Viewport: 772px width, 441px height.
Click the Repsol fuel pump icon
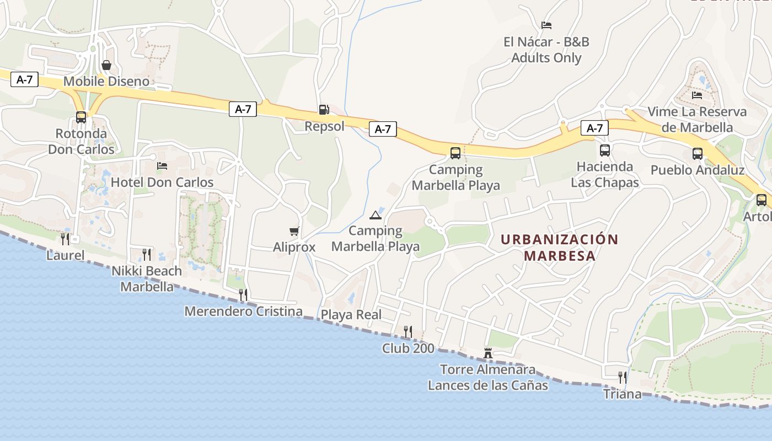(x=324, y=110)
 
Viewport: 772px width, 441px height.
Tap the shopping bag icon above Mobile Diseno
(x=106, y=65)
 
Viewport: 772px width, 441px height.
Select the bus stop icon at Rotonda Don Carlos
(x=81, y=117)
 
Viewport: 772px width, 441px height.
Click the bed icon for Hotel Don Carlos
(x=162, y=165)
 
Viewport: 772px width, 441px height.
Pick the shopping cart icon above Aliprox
(x=294, y=231)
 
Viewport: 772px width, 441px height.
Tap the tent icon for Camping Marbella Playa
(x=376, y=214)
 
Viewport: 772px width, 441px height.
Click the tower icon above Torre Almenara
(x=488, y=353)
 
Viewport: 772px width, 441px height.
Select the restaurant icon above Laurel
(x=65, y=239)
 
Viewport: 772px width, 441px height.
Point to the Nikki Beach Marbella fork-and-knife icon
(x=147, y=254)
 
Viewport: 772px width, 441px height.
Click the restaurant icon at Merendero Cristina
(x=243, y=295)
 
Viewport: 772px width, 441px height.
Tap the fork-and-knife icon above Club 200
(x=408, y=331)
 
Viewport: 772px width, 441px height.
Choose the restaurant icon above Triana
(x=623, y=378)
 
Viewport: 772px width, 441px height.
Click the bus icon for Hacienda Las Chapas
(x=605, y=150)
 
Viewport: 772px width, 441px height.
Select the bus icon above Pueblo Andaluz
(x=698, y=154)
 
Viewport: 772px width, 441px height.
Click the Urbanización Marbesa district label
(x=560, y=248)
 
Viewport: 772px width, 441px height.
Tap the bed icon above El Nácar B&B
(x=546, y=25)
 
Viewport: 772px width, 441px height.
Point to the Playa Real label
(x=351, y=315)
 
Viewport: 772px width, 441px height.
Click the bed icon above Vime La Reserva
(x=697, y=95)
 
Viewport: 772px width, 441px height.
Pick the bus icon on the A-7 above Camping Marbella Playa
(x=455, y=153)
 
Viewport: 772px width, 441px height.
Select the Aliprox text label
(x=294, y=248)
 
